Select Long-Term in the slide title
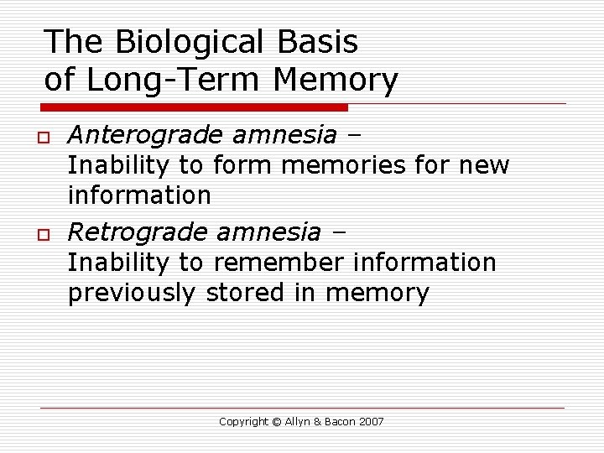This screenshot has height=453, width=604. coord(175,81)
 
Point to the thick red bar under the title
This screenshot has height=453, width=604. coord(195,107)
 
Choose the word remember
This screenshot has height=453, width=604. coord(279,263)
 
